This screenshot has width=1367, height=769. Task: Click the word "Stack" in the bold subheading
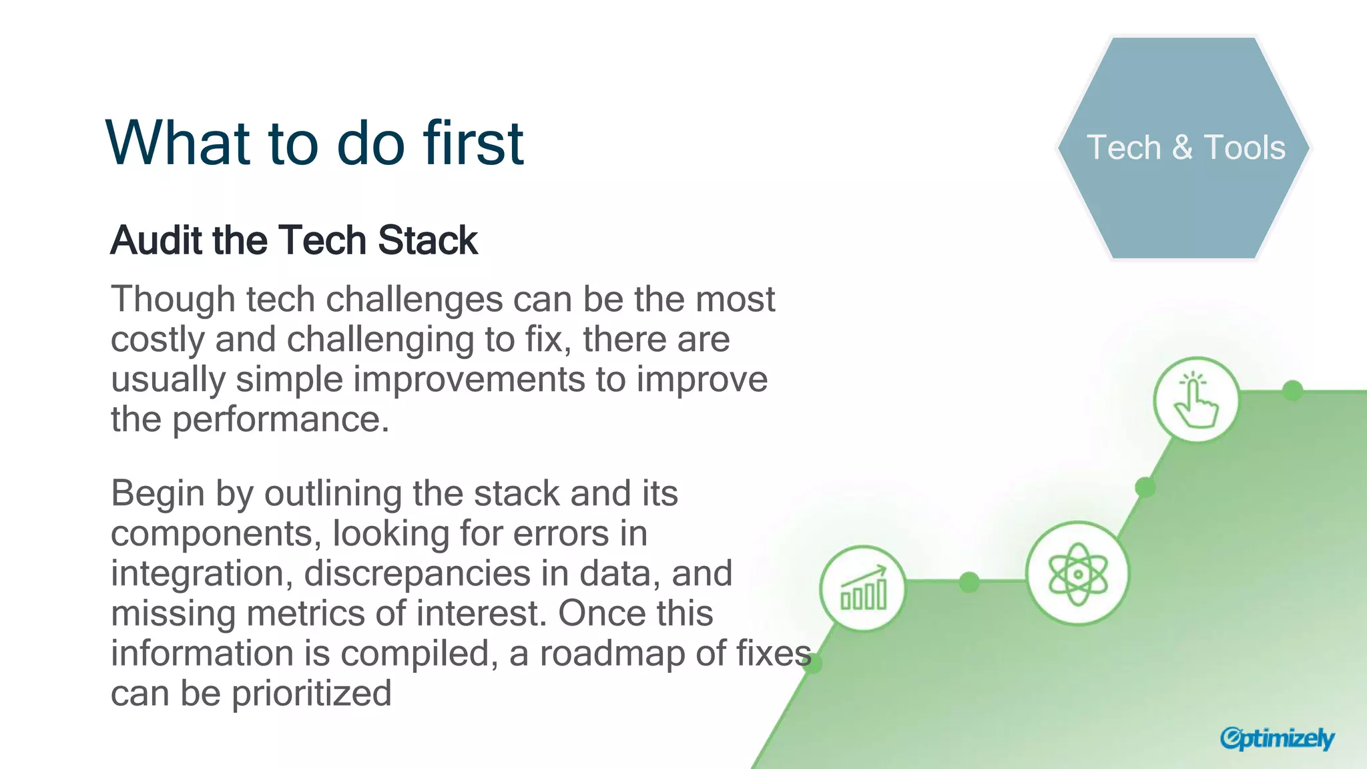pos(427,240)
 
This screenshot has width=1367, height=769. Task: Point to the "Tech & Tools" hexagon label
pos(1185,148)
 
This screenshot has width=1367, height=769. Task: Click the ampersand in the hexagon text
pos(1182,148)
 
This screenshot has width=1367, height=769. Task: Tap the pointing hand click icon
pos(1196,401)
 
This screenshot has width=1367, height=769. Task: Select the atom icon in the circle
pos(1077,573)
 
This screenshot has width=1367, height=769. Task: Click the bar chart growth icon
pos(863,588)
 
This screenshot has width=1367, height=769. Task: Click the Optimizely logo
pos(1276,738)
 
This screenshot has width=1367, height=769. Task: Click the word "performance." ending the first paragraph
pos(280,421)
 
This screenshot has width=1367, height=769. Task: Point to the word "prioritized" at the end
pos(311,694)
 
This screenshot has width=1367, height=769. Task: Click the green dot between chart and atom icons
pos(969,582)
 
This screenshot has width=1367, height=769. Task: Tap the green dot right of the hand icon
pos(1293,391)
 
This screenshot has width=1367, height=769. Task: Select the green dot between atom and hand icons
pos(1145,487)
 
